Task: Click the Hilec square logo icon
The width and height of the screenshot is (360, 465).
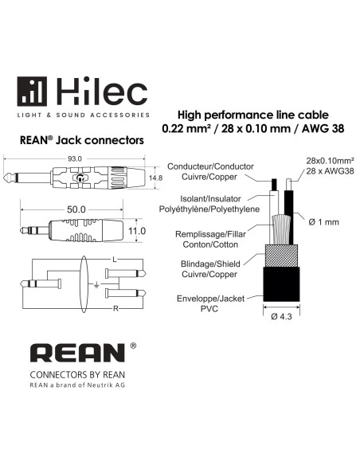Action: point(32,92)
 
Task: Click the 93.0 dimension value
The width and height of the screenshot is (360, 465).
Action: point(74,158)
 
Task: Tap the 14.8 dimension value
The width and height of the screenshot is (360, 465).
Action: point(155,178)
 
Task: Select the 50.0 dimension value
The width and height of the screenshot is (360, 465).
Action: point(76,209)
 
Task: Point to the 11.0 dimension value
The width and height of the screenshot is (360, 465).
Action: point(137,231)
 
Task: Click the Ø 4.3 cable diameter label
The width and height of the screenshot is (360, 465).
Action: point(281,317)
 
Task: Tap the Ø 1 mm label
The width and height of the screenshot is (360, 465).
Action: point(323,222)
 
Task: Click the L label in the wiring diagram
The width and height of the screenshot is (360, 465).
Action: point(115,260)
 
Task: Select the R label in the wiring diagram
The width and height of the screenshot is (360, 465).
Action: point(115,309)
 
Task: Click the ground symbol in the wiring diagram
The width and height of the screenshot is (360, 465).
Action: point(96,286)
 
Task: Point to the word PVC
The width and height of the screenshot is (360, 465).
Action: point(209,309)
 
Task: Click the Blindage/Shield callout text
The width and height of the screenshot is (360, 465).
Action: point(210,264)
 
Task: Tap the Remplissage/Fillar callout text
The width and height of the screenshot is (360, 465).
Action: point(210,234)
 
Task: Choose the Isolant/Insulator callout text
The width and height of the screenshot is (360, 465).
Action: point(210,198)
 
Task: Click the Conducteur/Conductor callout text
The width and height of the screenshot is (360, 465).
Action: point(210,166)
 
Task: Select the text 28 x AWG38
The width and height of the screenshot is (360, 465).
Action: point(330,171)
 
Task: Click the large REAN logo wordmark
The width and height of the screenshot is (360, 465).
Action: point(77,353)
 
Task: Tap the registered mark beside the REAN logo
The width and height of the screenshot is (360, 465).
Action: point(133,346)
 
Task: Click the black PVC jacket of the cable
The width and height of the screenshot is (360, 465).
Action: point(281,284)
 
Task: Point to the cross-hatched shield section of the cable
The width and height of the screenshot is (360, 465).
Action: point(281,256)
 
